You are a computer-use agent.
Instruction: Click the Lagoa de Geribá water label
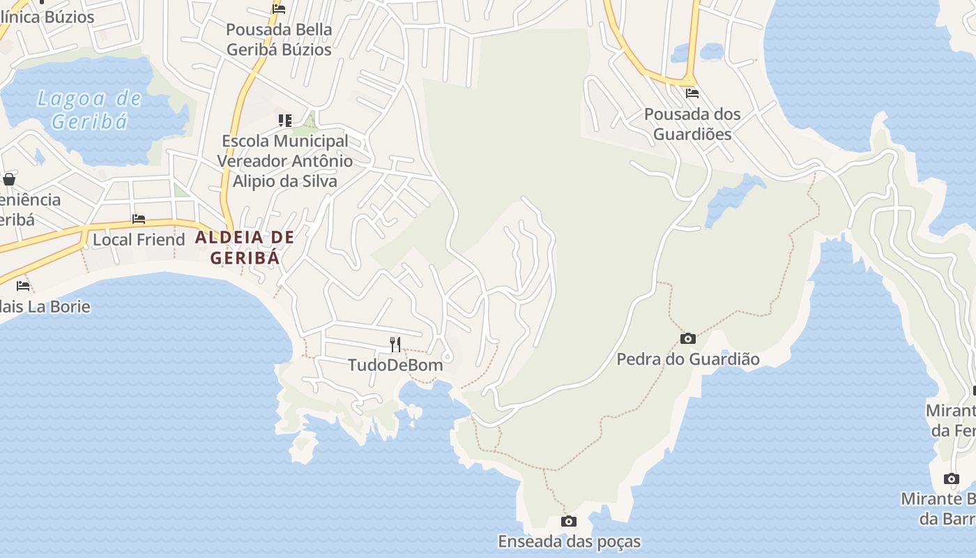[89, 110]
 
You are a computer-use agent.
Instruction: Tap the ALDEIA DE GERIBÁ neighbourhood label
[245, 247]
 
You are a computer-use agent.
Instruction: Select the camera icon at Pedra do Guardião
[688, 339]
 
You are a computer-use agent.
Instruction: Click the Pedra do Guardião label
[688, 359]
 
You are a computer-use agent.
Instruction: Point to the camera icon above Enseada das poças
[569, 521]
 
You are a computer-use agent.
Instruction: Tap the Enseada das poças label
[569, 541]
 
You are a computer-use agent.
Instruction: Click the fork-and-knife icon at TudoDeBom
[395, 344]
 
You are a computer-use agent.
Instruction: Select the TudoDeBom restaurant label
[395, 365]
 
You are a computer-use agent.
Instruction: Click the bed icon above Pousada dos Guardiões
[692, 93]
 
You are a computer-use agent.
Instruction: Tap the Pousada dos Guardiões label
[692, 123]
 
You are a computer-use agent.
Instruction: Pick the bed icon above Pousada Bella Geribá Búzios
[279, 9]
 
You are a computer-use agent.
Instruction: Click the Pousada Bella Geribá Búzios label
[279, 40]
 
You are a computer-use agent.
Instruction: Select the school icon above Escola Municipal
[284, 121]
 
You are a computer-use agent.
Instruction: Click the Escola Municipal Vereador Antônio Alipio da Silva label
[284, 161]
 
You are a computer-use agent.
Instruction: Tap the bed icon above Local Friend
[139, 219]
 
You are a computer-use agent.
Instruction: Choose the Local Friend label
[139, 239]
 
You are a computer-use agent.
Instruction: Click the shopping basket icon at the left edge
[9, 179]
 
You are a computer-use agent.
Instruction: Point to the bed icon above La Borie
[23, 285]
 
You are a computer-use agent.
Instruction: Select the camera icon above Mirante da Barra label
[952, 478]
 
